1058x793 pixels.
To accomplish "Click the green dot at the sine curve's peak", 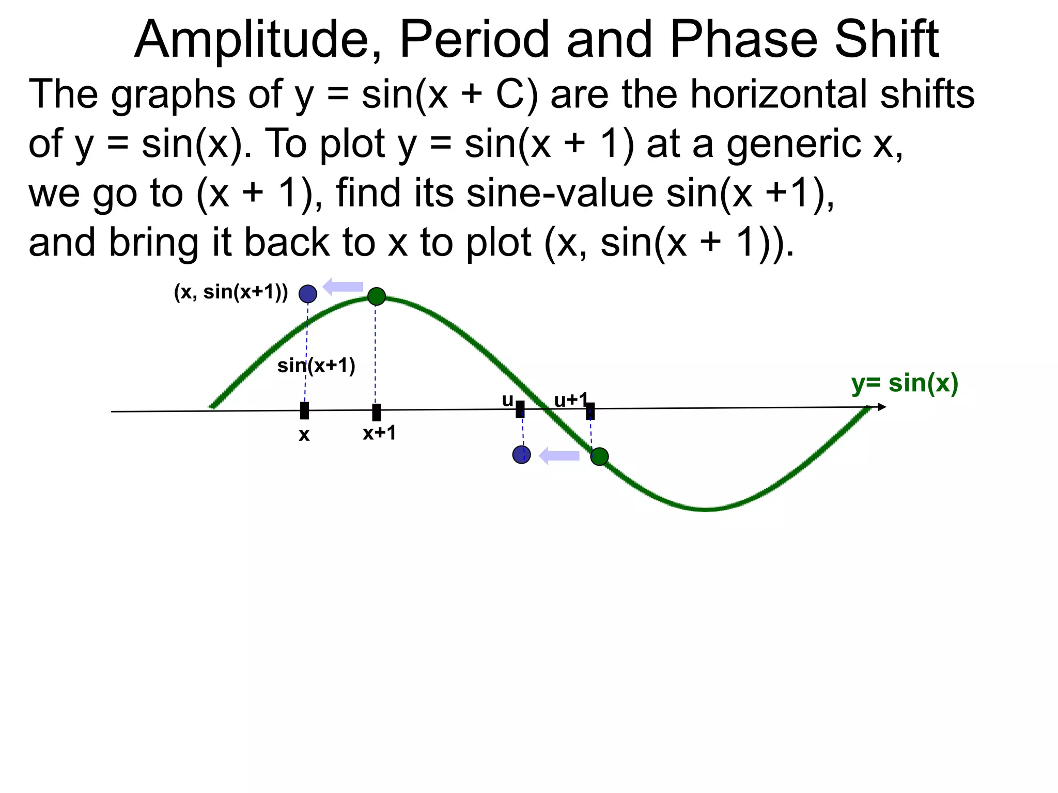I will (x=377, y=296).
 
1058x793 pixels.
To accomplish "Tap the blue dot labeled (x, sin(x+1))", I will (x=308, y=294).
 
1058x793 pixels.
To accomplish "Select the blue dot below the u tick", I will (x=521, y=455).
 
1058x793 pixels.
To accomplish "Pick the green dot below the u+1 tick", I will (x=599, y=456).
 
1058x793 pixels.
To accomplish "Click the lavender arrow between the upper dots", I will (x=343, y=287).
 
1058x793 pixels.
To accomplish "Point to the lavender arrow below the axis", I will (x=559, y=456).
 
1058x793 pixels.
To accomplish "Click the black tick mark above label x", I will (x=304, y=411).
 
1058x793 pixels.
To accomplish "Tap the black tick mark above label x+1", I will (x=377, y=413).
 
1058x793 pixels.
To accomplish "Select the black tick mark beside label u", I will (x=520, y=409).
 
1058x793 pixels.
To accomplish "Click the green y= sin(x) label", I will (x=905, y=384).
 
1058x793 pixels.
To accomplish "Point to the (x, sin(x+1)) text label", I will (x=231, y=292).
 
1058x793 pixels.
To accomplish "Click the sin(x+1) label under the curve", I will (x=316, y=366).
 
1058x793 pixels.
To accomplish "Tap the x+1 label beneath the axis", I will (x=379, y=433).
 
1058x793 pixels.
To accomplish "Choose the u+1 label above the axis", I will (x=571, y=400).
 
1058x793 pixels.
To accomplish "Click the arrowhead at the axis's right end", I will (x=881, y=407).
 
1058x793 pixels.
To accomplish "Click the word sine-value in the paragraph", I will (x=559, y=193).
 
